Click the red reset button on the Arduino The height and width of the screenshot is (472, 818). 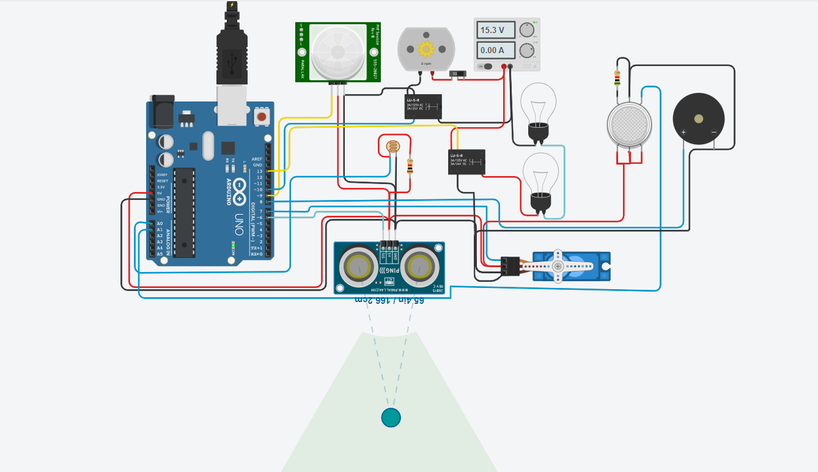(262, 116)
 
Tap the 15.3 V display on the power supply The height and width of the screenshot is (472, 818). (493, 30)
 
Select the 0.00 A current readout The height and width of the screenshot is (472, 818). (493, 50)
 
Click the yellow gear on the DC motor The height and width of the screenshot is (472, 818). (426, 48)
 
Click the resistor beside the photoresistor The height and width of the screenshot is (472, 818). (410, 166)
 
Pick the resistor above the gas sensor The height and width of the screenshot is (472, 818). (617, 78)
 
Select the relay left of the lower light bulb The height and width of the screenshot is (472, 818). (466, 162)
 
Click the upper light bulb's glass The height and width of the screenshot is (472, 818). (538, 103)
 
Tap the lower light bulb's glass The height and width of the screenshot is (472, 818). (540, 172)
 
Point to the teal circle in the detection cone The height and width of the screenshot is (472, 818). (391, 418)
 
